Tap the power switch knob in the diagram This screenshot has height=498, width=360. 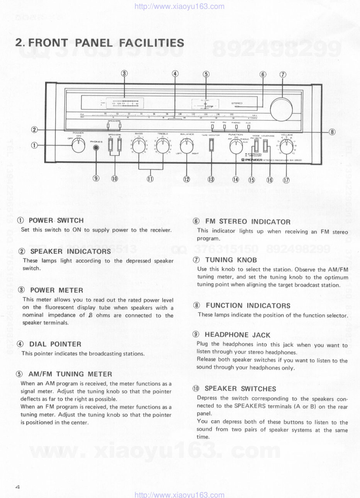click(78, 146)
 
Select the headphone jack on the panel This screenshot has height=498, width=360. click(96, 147)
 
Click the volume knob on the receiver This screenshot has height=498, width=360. click(286, 147)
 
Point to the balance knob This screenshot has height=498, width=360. click(187, 146)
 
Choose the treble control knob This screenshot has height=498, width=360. click(163, 146)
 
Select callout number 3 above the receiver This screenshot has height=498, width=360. click(124, 74)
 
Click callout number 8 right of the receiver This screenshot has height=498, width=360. click(332, 132)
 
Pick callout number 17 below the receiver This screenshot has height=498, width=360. click(286, 179)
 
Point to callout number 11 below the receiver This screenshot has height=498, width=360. click(150, 178)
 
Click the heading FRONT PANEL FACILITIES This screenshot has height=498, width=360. click(100, 43)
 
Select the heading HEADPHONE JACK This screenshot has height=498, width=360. click(237, 335)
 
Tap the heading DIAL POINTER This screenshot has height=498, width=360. click(55, 344)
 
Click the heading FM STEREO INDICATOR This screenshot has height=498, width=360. click(248, 221)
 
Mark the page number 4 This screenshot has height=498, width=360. click(17, 487)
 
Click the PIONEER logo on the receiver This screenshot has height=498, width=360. click(252, 160)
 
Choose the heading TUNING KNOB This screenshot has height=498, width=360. click(231, 260)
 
